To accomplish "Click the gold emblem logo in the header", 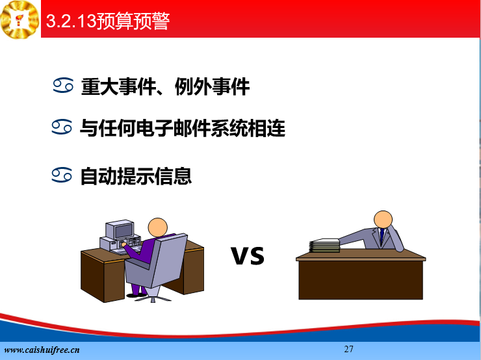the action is (x=20, y=19).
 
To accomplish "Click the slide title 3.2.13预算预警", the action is (x=108, y=21).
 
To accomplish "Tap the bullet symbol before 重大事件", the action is (x=63, y=85).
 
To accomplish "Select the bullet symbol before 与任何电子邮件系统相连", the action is (x=62, y=127).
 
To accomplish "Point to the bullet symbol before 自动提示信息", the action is (x=62, y=175).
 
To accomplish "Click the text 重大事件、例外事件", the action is (x=165, y=87).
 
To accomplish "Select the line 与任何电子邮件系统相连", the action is (x=183, y=128).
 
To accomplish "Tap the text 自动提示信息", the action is (x=136, y=176).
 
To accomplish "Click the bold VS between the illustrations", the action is (x=248, y=255).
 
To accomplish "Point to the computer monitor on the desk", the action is (x=120, y=229).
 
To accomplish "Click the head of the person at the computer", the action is (x=158, y=227).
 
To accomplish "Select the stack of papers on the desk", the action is (x=324, y=246).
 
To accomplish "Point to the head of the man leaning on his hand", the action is (x=383, y=220).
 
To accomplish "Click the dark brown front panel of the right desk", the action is (x=361, y=280).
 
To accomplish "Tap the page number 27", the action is (x=348, y=349).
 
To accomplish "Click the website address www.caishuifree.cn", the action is (x=42, y=350).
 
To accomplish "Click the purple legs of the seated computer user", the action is (x=137, y=290).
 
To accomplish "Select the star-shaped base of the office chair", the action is (x=153, y=297).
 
